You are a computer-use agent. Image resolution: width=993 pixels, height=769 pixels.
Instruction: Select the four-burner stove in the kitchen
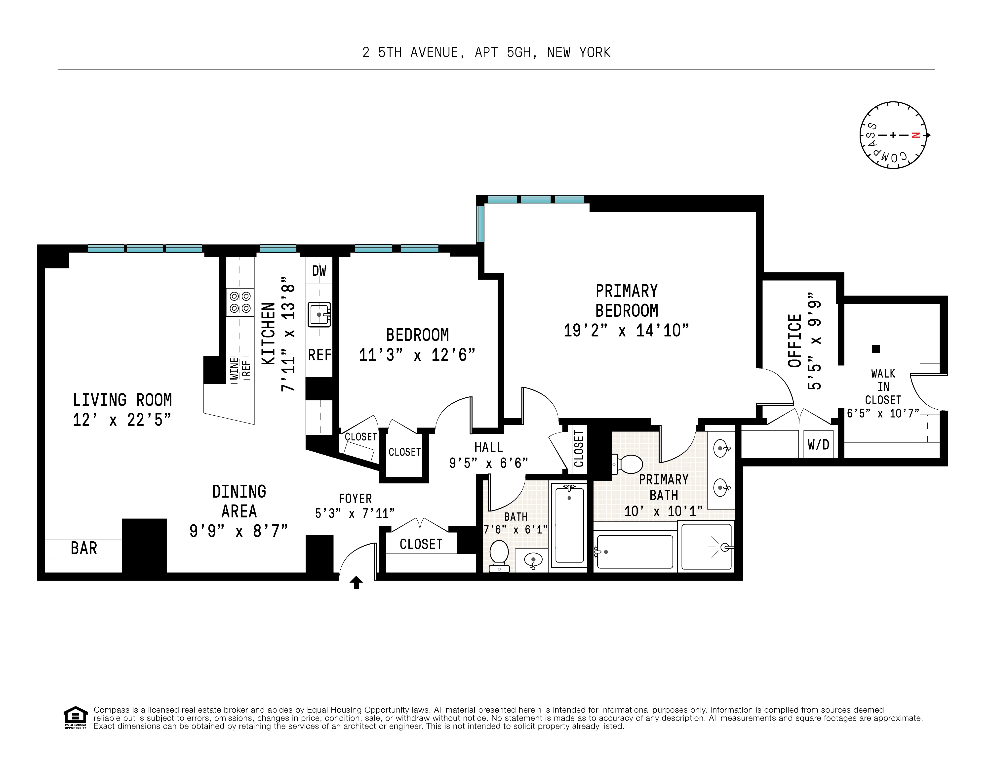coord(240,302)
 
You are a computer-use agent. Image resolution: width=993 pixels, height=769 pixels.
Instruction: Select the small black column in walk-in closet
coord(876,349)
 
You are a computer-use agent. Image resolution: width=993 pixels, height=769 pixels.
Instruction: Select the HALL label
coord(488,447)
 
